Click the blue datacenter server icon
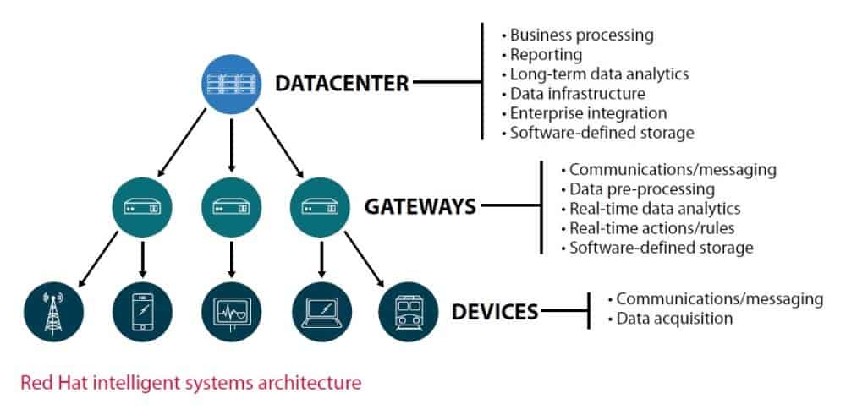[x=230, y=85]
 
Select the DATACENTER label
[x=342, y=83]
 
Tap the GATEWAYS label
[x=420, y=206]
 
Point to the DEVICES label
[x=495, y=312]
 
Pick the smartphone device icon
[x=142, y=312]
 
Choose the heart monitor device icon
[x=231, y=312]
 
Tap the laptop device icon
[x=320, y=312]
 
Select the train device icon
[x=409, y=312]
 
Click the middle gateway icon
[x=231, y=206]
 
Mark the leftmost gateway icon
[x=142, y=206]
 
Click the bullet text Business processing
[x=581, y=35]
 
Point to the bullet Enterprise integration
[x=588, y=113]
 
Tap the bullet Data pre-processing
[x=641, y=188]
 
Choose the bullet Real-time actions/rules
[x=651, y=228]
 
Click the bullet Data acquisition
[x=674, y=319]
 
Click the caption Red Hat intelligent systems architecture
[x=191, y=383]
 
